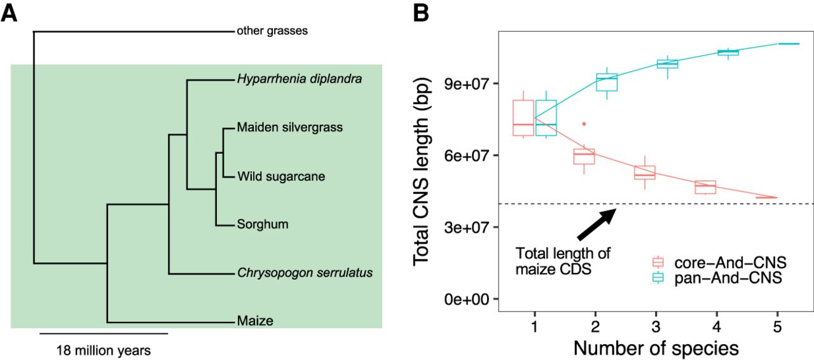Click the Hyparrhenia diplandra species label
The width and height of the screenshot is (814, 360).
pyautogui.click(x=300, y=79)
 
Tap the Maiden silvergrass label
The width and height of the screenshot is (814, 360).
pyautogui.click(x=289, y=127)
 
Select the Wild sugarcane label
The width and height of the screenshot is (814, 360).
pyautogui.click(x=281, y=176)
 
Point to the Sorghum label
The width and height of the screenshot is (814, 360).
pyautogui.click(x=263, y=224)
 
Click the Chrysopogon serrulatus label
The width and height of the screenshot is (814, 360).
pyautogui.click(x=305, y=273)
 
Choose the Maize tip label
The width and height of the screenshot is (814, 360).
pyautogui.click(x=255, y=321)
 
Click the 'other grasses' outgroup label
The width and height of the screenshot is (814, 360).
pyautogui.click(x=272, y=31)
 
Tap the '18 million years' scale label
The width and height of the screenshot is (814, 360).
pyautogui.click(x=104, y=350)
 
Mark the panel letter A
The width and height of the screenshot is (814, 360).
pyautogui.click(x=9, y=14)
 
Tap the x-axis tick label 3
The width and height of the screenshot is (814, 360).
pyautogui.click(x=656, y=327)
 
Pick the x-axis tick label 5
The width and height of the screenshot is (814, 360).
pyautogui.click(x=777, y=327)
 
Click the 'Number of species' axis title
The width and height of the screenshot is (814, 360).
pyautogui.click(x=656, y=348)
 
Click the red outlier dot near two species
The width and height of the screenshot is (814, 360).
pyautogui.click(x=584, y=124)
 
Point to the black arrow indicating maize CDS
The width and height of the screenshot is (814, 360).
pyautogui.click(x=597, y=225)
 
